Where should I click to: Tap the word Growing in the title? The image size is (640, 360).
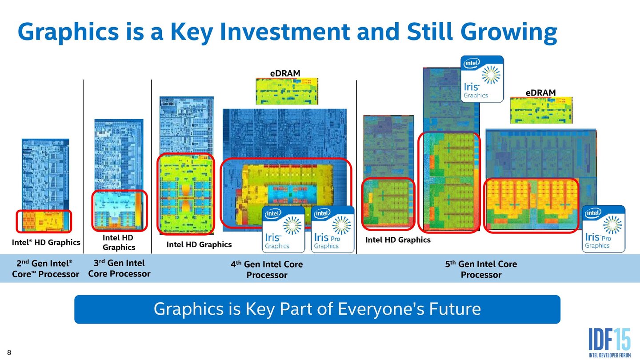coord(508,32)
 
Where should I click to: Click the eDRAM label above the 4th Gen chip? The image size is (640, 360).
coord(285,73)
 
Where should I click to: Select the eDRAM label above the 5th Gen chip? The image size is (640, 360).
coord(540,92)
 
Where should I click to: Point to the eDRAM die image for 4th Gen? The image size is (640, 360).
coord(287,91)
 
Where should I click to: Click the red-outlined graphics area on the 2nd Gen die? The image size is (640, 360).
coord(44,221)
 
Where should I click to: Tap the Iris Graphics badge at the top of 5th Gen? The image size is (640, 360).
coord(482,79)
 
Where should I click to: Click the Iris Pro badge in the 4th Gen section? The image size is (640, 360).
coord(332,229)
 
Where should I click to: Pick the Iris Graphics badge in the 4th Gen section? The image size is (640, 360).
coord(284,229)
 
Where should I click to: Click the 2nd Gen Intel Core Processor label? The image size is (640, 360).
coord(45,268)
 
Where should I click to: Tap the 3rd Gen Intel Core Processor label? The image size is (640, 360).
coord(119,268)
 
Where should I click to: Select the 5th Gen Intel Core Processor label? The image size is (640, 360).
coord(481,269)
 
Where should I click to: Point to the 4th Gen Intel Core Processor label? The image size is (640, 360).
coord(267,269)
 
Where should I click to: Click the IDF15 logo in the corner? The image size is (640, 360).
coord(609,342)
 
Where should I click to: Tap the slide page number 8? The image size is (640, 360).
coord(8,353)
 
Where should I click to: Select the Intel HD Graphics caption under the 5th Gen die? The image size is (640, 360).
coord(398,240)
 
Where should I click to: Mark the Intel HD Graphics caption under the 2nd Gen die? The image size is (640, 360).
coord(46,242)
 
